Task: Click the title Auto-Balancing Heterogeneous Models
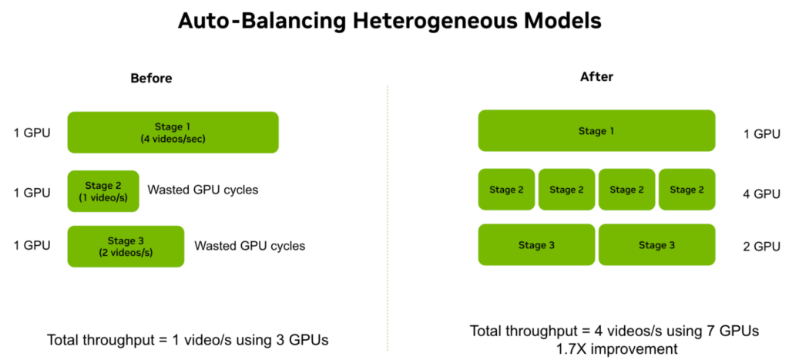(x=389, y=22)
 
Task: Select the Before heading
(x=151, y=79)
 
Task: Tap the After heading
(x=596, y=77)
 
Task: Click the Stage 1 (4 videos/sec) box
(x=173, y=133)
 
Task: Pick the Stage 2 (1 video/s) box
(x=103, y=191)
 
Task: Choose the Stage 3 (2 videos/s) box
(x=126, y=246)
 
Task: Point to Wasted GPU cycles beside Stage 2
(x=203, y=190)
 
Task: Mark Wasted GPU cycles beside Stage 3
(x=250, y=246)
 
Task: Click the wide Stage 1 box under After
(x=596, y=131)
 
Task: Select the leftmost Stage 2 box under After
(x=506, y=190)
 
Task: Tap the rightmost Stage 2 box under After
(x=687, y=190)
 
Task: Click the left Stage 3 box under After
(x=536, y=244)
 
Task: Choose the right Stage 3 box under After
(x=656, y=244)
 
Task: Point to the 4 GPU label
(x=761, y=193)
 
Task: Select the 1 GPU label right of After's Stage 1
(x=761, y=134)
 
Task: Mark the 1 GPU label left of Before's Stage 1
(x=32, y=134)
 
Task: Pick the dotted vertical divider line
(x=388, y=218)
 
